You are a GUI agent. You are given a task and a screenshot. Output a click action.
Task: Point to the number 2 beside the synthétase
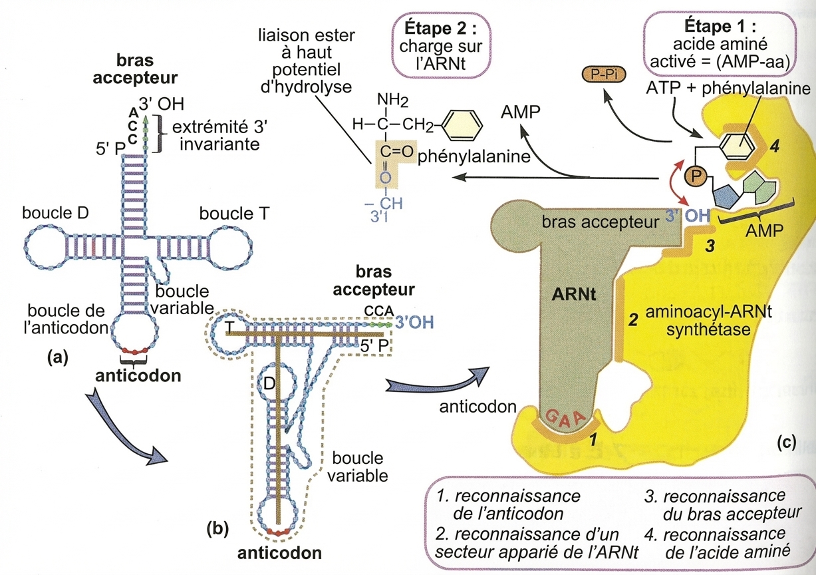634,319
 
